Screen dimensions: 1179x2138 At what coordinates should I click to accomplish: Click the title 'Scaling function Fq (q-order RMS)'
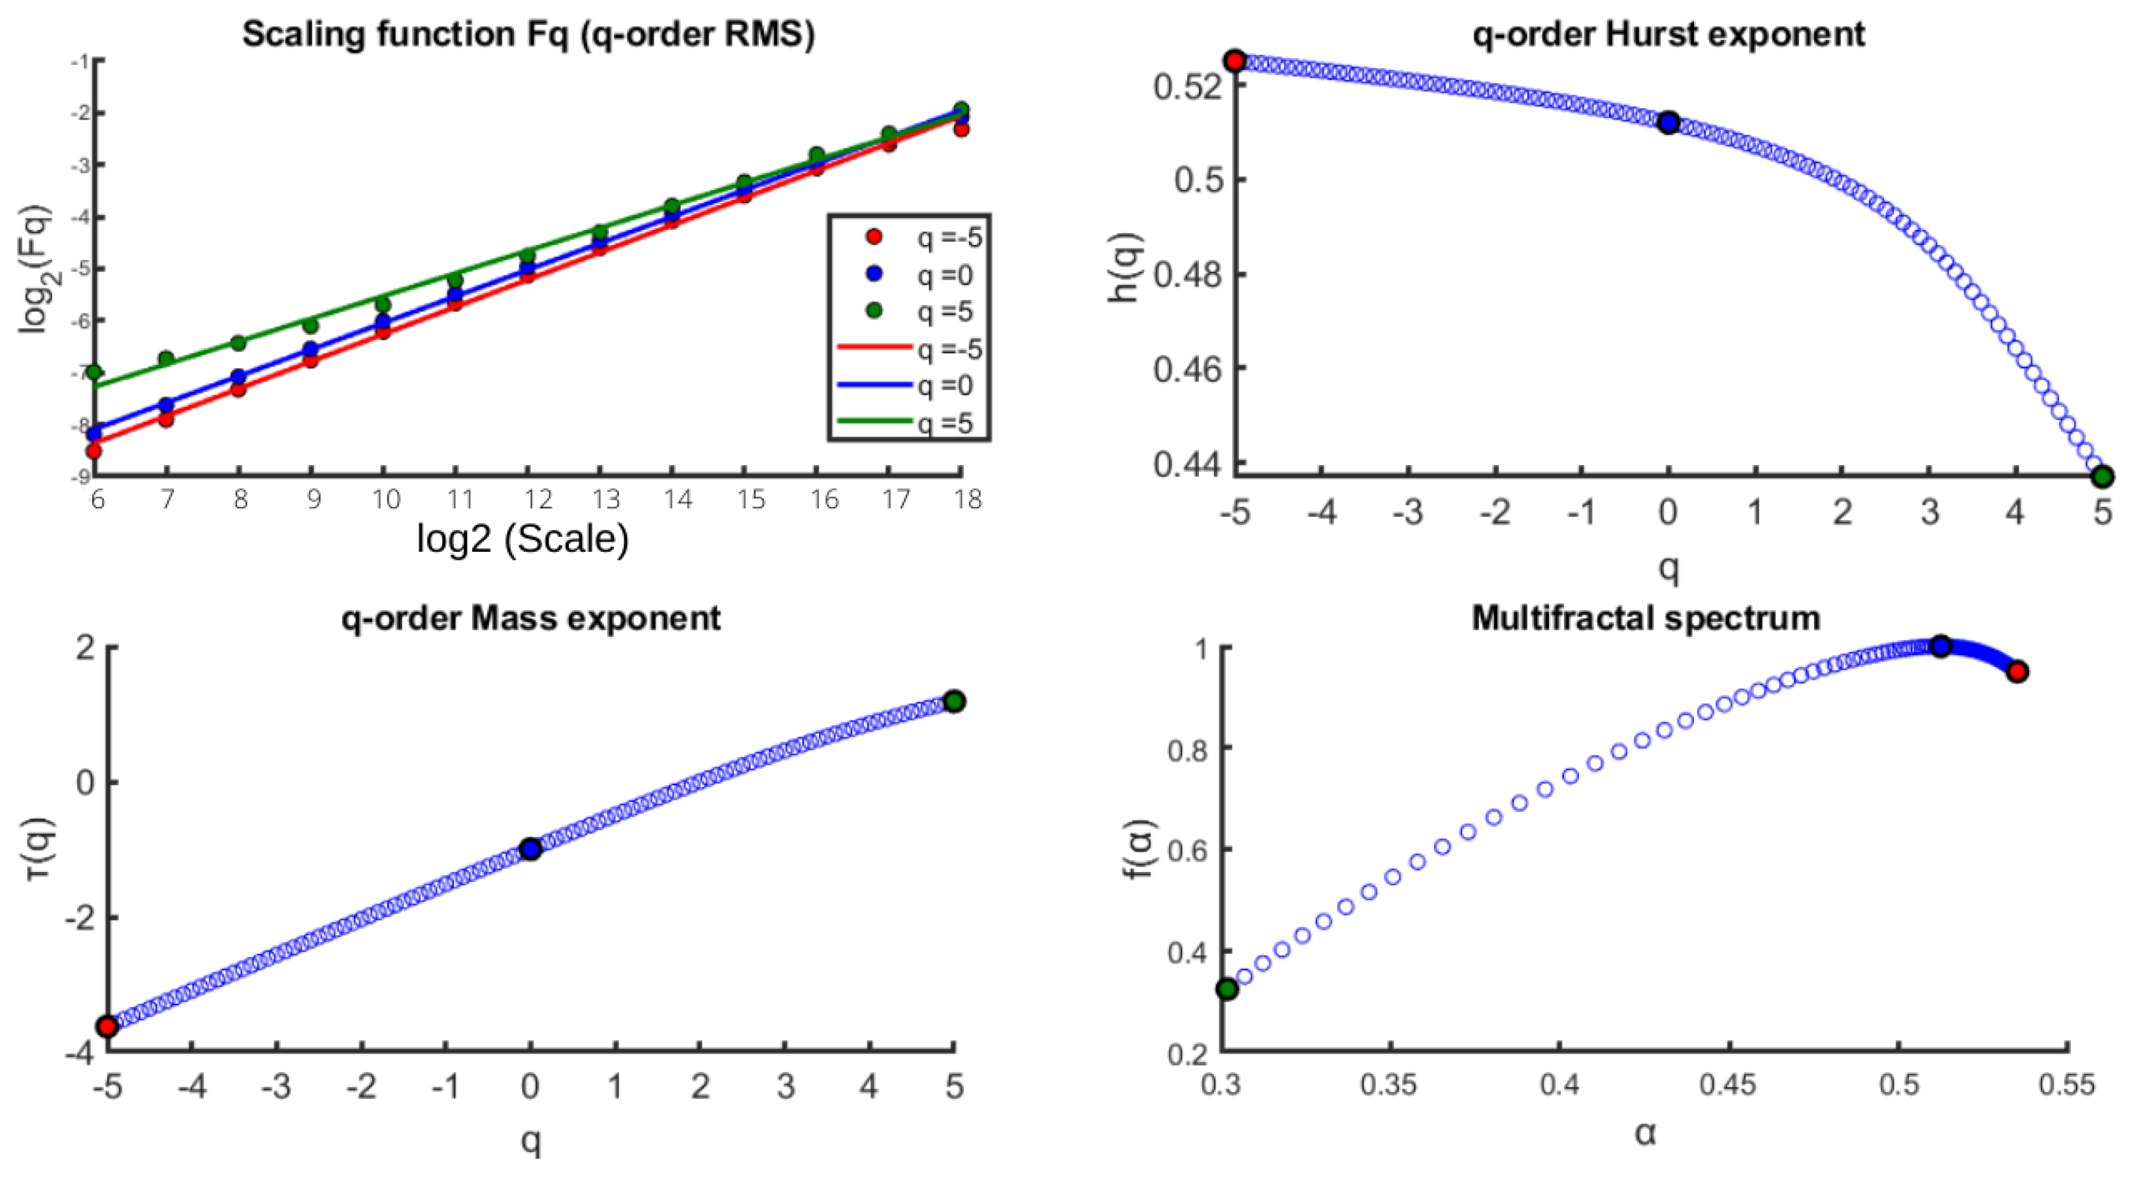point(528,35)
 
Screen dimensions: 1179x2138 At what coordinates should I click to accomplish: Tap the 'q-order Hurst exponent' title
point(1668,35)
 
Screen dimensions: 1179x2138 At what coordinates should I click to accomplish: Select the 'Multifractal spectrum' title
point(1646,619)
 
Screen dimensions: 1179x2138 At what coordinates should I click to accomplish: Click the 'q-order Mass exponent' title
point(530,619)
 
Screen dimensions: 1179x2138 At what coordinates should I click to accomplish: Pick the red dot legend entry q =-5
point(874,238)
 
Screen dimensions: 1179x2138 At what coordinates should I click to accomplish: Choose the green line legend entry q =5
point(876,422)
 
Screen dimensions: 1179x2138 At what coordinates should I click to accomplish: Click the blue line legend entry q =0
point(876,385)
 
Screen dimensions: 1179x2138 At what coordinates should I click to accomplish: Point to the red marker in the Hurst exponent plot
point(1235,61)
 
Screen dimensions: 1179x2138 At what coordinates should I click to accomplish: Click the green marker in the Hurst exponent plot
point(2102,477)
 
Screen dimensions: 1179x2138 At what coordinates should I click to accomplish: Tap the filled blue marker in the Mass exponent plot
point(530,848)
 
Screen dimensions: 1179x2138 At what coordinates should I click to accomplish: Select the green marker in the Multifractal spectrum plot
point(1226,989)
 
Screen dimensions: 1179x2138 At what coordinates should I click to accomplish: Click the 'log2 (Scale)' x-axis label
point(522,540)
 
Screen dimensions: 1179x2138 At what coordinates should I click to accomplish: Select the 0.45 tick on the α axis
point(1728,1085)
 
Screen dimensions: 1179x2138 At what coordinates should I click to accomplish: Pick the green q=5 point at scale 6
point(94,372)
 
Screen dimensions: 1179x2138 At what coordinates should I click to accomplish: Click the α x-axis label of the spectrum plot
point(1645,1133)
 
